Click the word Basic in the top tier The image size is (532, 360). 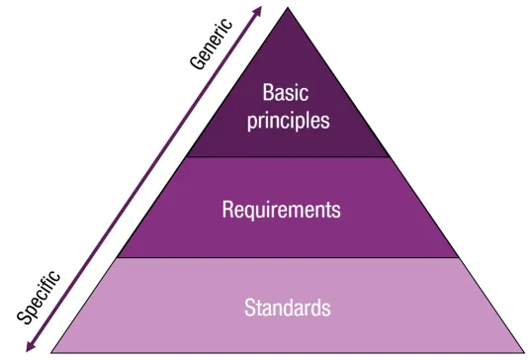point(287,94)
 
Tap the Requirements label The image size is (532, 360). point(282,210)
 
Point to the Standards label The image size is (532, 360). point(288,307)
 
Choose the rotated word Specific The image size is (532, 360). point(41,295)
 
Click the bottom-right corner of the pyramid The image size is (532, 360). point(523,352)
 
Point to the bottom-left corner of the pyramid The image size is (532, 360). point(51,352)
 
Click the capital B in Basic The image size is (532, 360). point(268,94)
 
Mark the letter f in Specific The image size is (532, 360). point(50,281)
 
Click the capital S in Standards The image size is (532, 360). point(250,307)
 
